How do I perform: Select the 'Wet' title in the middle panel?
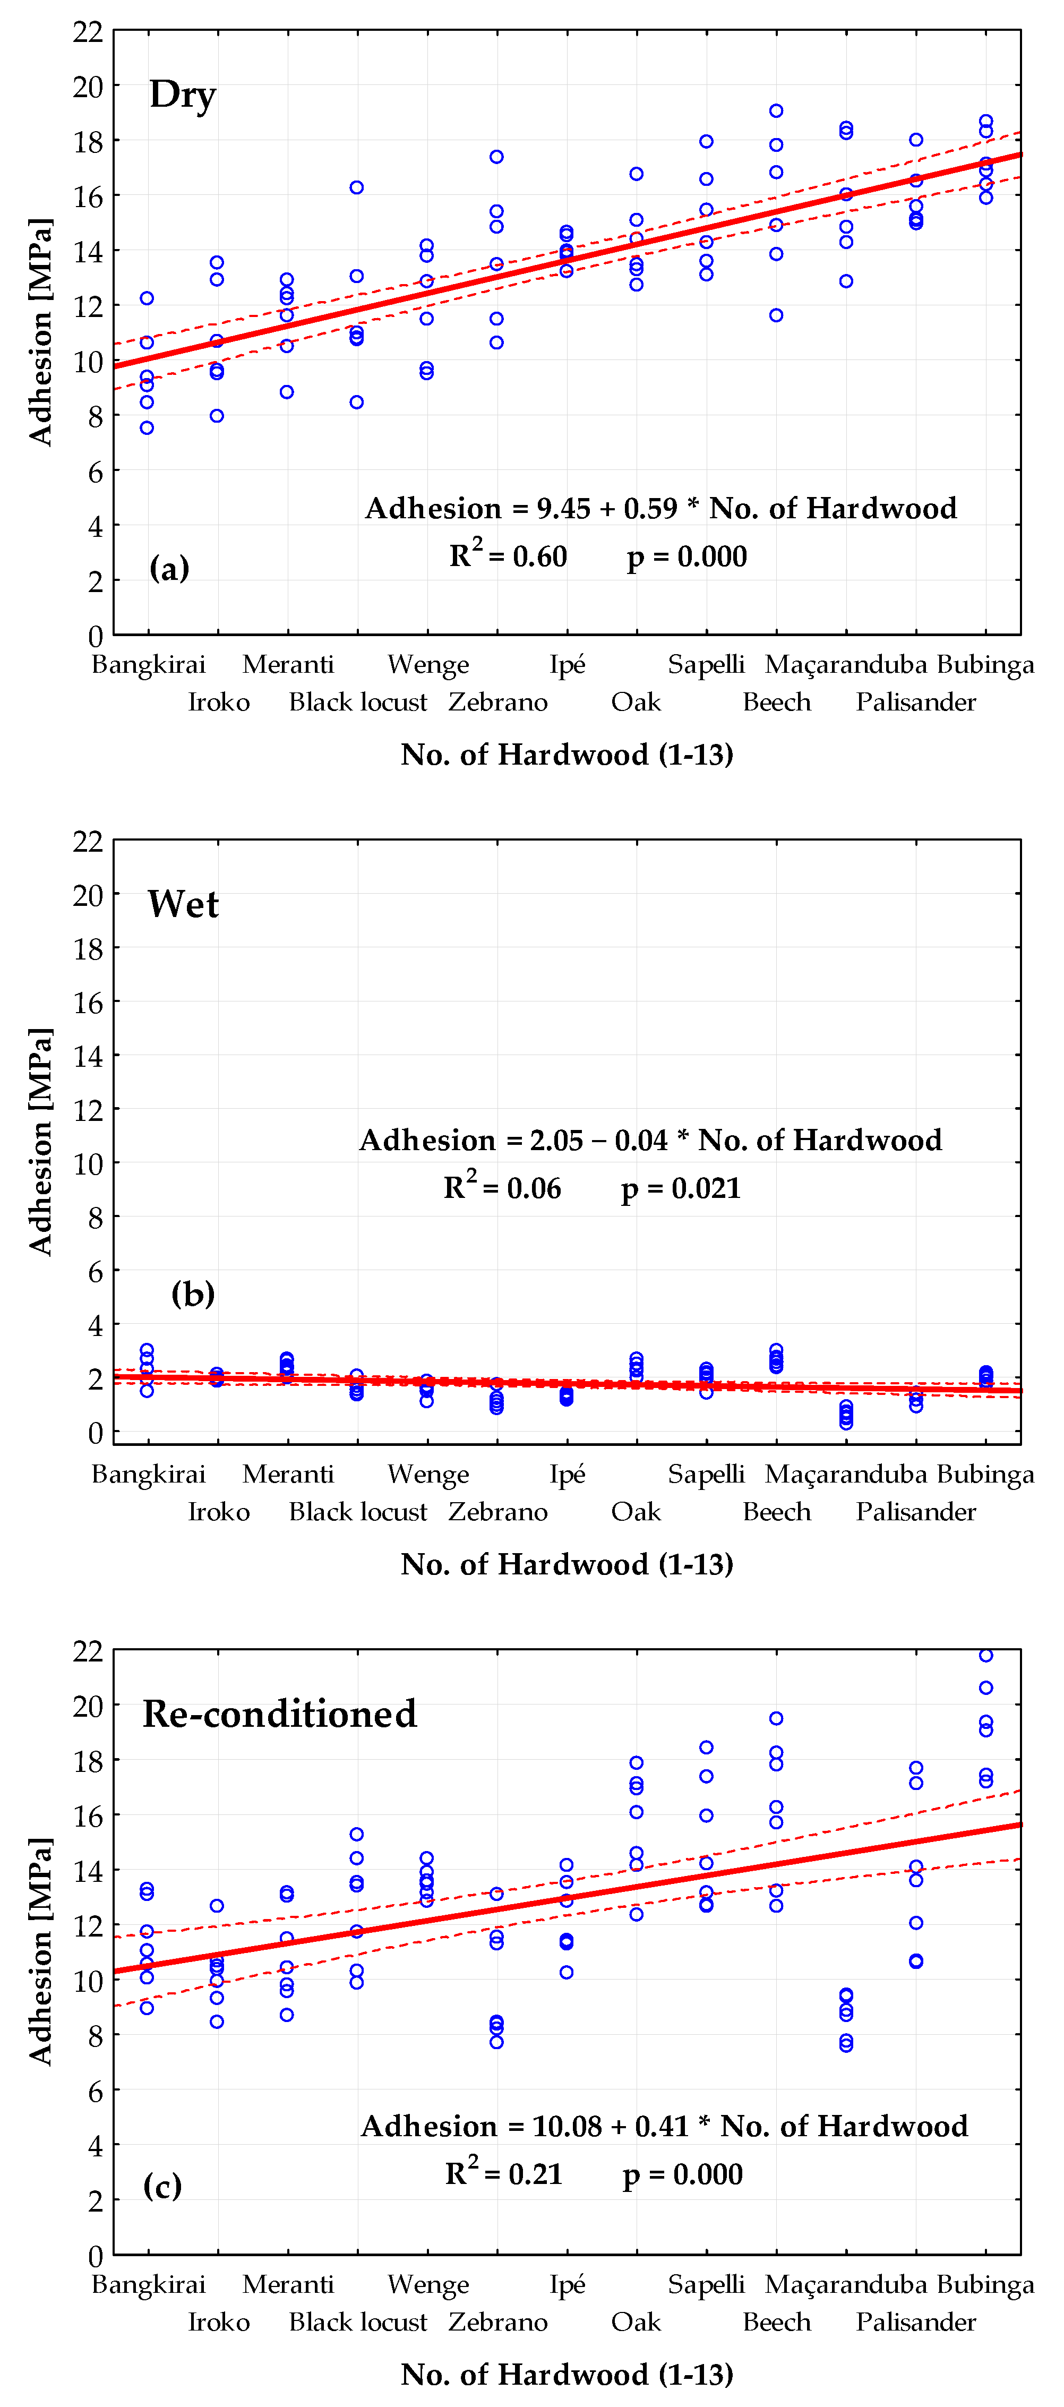pyautogui.click(x=183, y=904)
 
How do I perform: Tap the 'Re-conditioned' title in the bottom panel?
pyautogui.click(x=279, y=1714)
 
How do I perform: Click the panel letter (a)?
pyautogui.click(x=169, y=567)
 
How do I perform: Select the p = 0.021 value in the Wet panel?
pyautogui.click(x=681, y=1188)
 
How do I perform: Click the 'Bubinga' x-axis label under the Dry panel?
pyautogui.click(x=985, y=664)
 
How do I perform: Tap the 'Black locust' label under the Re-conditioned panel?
pyautogui.click(x=358, y=2322)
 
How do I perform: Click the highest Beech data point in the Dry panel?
pyautogui.click(x=776, y=111)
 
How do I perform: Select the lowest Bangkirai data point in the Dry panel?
pyautogui.click(x=147, y=428)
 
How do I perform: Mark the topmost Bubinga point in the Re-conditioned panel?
pyautogui.click(x=985, y=1656)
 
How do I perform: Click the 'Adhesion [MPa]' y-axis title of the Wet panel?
pyautogui.click(x=40, y=1141)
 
